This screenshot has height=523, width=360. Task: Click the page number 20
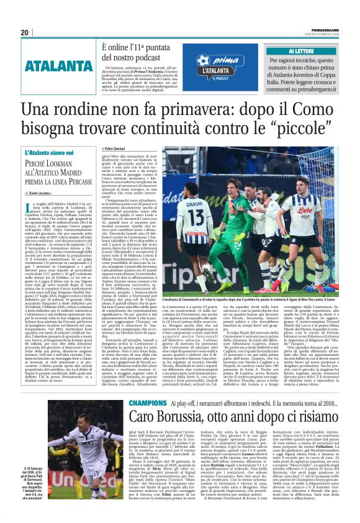pyautogui.click(x=25, y=32)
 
